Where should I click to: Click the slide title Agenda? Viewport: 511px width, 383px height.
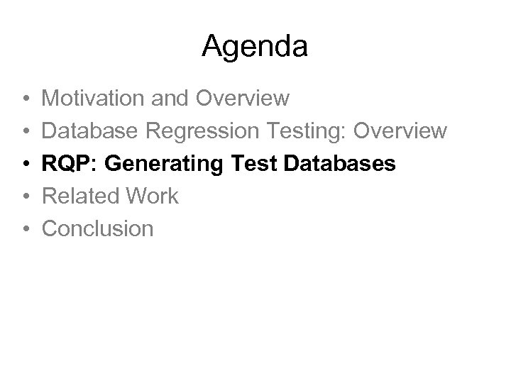click(255, 47)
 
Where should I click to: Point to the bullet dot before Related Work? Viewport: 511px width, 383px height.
click(24, 196)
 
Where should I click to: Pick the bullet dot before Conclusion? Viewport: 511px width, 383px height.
click(24, 229)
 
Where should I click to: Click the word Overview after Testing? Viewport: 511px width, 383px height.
click(402, 131)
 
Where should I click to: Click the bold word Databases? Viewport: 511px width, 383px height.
click(340, 163)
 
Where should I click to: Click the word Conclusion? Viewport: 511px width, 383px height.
click(98, 228)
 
